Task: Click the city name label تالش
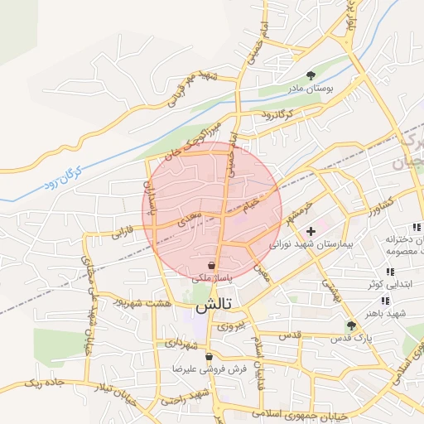coord(214,306)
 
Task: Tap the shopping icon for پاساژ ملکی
coord(213,266)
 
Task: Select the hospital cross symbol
coord(311,231)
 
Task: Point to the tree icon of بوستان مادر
coord(311,74)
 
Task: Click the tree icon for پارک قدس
coord(351,325)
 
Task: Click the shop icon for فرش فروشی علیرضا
coord(209,358)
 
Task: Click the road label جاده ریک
coord(43,384)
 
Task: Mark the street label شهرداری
coord(181,341)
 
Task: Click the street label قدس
coord(290,335)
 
